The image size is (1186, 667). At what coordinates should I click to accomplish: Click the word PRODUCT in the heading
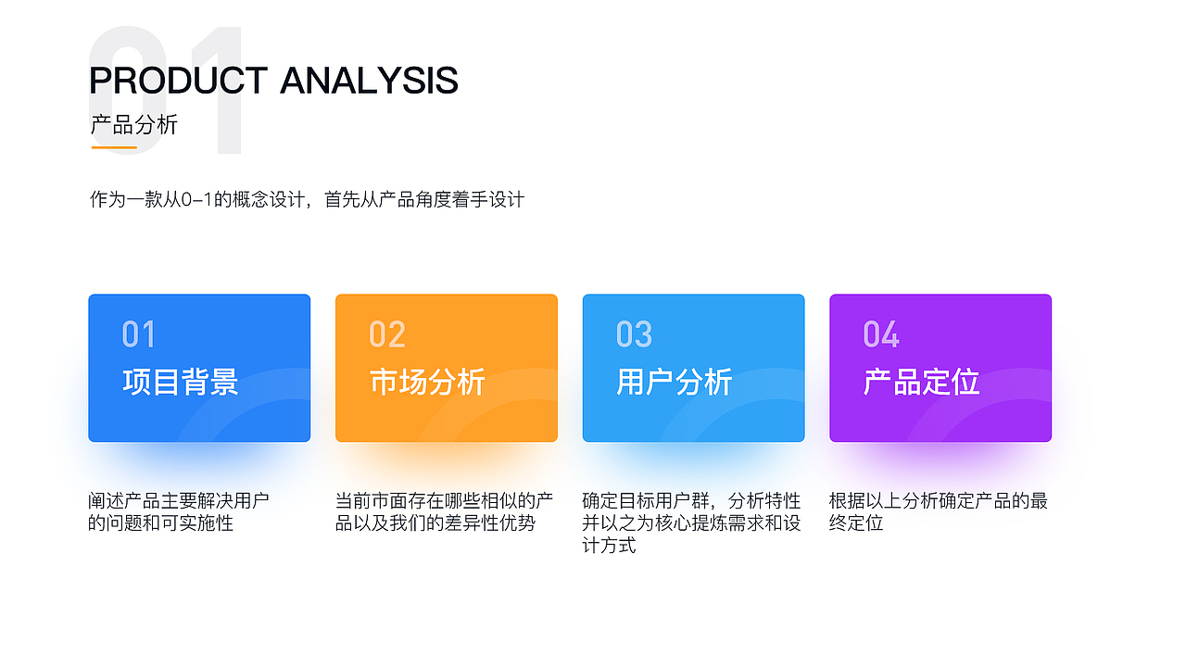pyautogui.click(x=178, y=81)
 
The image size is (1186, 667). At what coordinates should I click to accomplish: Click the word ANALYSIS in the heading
pyautogui.click(x=369, y=81)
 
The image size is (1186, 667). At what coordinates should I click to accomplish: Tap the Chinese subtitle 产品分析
pyautogui.click(x=134, y=125)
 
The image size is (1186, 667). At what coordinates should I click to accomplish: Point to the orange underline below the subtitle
pyautogui.click(x=114, y=147)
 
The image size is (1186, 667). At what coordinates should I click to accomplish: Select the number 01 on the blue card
pyautogui.click(x=139, y=334)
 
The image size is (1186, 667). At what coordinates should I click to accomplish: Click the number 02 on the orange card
pyautogui.click(x=387, y=334)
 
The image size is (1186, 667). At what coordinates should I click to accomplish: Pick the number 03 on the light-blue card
pyautogui.click(x=635, y=334)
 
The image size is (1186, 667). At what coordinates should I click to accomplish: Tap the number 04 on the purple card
pyautogui.click(x=881, y=334)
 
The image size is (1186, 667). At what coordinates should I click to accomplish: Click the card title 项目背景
pyautogui.click(x=181, y=382)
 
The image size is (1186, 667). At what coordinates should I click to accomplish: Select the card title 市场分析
pyautogui.click(x=427, y=382)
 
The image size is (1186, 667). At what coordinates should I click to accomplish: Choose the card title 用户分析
pyautogui.click(x=675, y=382)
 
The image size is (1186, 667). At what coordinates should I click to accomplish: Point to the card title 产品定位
pyautogui.click(x=921, y=382)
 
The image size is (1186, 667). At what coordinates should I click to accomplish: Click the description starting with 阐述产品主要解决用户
pyautogui.click(x=179, y=512)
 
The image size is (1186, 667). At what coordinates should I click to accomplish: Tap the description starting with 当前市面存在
pyautogui.click(x=444, y=512)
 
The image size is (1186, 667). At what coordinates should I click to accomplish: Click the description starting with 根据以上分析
pyautogui.click(x=939, y=512)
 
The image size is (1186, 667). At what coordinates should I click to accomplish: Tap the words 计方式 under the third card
pyautogui.click(x=609, y=546)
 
